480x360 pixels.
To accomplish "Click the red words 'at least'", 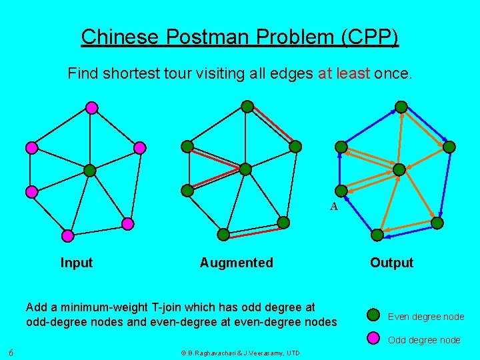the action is [343, 73].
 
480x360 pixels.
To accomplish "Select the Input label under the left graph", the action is [77, 263].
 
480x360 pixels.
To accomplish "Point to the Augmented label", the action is [236, 263].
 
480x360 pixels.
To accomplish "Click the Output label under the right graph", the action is [391, 263].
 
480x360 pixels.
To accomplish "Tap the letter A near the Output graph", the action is [334, 207].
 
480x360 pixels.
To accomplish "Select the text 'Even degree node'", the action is [426, 317].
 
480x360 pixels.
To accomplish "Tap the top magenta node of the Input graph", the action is [92, 107].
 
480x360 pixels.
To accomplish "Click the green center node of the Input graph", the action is [90, 171].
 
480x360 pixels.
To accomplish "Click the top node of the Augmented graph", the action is [247, 106].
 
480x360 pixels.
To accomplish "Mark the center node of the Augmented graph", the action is [245, 169].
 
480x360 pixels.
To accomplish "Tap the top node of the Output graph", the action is [401, 107].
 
